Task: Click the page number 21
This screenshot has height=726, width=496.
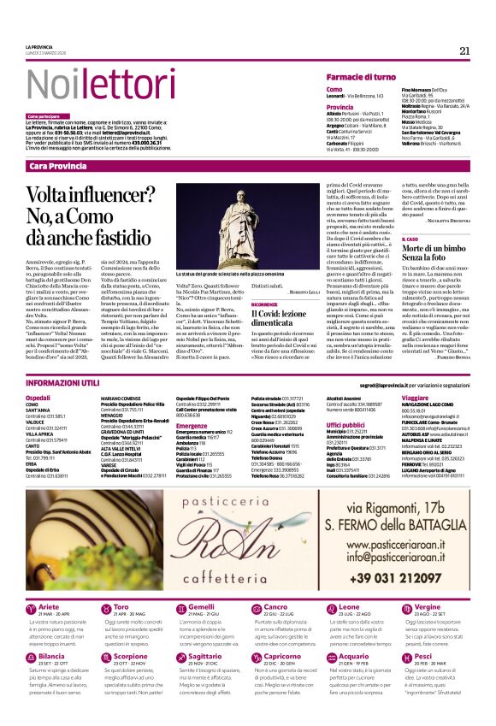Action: pos(464,50)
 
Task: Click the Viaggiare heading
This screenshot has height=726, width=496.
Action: pos(415,398)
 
